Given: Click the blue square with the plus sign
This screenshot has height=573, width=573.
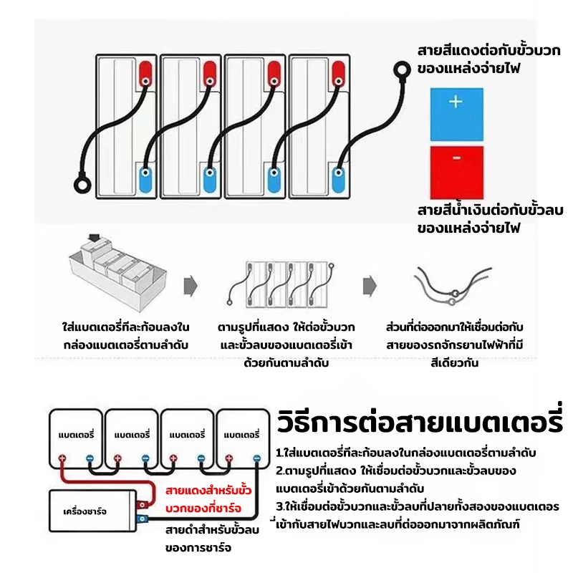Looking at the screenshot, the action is coord(456,115).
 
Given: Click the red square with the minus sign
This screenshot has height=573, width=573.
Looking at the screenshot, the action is coord(456,173).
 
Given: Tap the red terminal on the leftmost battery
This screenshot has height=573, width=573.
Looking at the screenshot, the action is coord(146,74).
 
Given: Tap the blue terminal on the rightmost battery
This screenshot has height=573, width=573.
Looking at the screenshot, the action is coord(338,178).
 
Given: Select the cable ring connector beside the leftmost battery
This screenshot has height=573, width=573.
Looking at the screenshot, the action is coord(82,185).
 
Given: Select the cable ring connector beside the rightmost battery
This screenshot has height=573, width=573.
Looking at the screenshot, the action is coord(402,69).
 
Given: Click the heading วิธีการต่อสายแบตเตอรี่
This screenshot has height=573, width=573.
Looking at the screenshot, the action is coord(420,421).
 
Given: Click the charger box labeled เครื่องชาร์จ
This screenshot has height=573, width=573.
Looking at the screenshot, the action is coord(93,511).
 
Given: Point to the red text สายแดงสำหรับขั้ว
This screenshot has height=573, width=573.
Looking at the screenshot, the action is coord(208,490).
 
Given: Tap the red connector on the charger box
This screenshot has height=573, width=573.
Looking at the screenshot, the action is coord(142,505).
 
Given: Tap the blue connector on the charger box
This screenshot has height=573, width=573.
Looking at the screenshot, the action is coord(142,518).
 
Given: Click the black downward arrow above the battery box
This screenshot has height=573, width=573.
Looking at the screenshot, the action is coord(95,238).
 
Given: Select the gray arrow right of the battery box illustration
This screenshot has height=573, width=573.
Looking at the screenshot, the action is coord(191,285).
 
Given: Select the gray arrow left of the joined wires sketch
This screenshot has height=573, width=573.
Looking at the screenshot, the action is coord(370,285).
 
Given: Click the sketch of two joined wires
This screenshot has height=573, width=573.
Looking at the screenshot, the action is coord(453,285).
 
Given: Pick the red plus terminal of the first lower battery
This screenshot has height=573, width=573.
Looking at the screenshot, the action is coord(62,458).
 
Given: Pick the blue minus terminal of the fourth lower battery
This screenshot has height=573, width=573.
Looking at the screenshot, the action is coord(257,458).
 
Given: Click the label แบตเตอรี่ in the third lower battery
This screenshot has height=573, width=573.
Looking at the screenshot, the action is coord(187,435).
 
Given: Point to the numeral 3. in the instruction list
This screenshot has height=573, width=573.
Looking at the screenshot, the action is coord(281,506).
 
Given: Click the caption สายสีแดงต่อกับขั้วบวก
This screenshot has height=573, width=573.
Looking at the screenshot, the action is coord(489,50).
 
